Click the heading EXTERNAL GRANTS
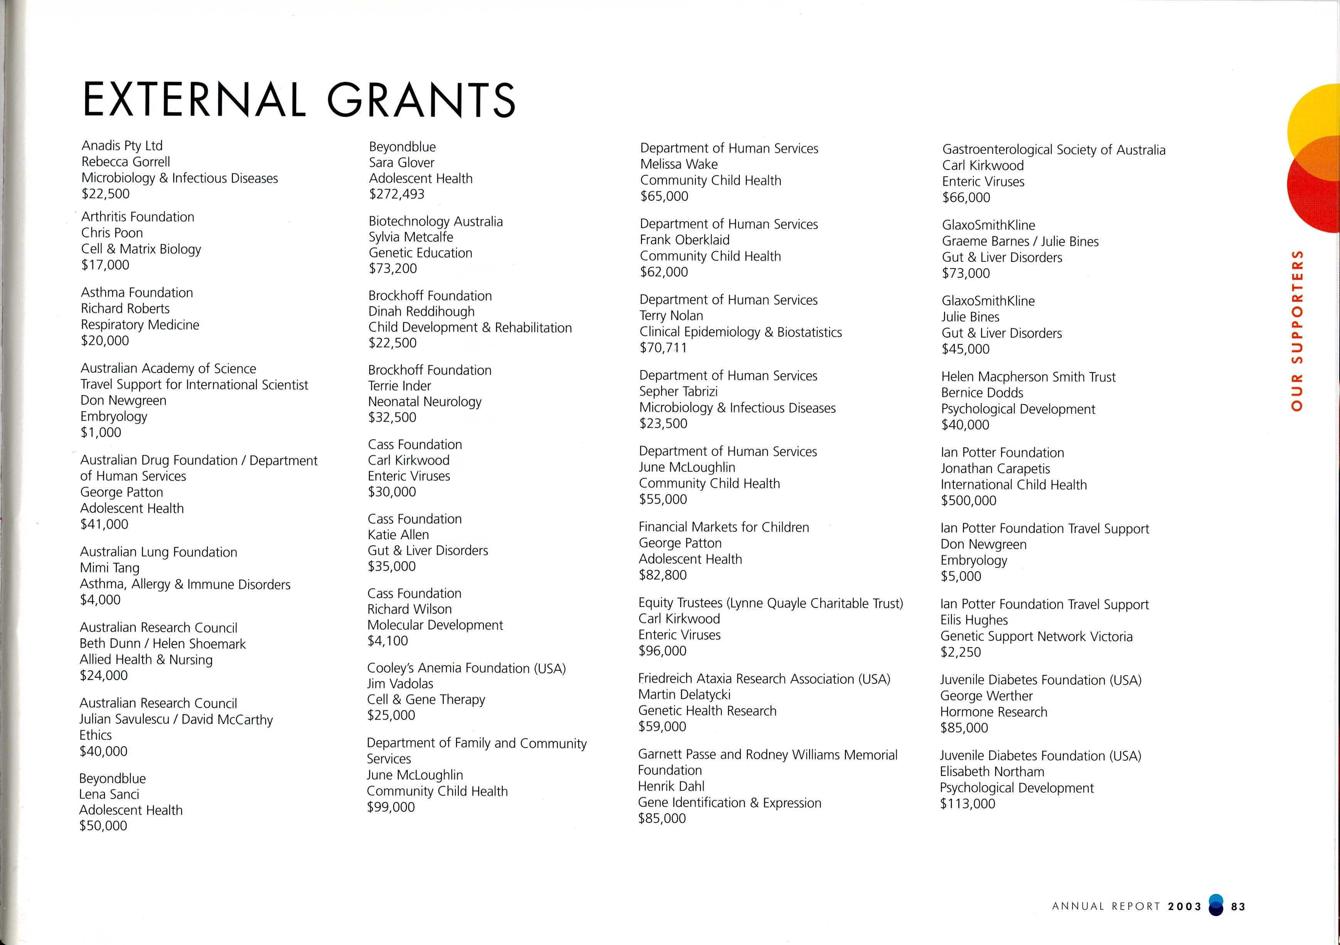pyautogui.click(x=299, y=100)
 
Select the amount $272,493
pyautogui.click(x=396, y=194)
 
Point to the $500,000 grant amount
pyautogui.click(x=968, y=500)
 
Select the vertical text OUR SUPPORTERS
pyautogui.click(x=1297, y=330)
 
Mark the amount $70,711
pyautogui.click(x=663, y=347)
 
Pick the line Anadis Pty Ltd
pyautogui.click(x=122, y=145)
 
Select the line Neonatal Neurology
pyautogui.click(x=424, y=401)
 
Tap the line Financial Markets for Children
pyautogui.click(x=724, y=527)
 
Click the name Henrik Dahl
pyautogui.click(x=671, y=786)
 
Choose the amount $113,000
pyautogui.click(x=967, y=804)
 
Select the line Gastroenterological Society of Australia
pyautogui.click(x=1054, y=150)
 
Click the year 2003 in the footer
pyautogui.click(x=1184, y=906)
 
